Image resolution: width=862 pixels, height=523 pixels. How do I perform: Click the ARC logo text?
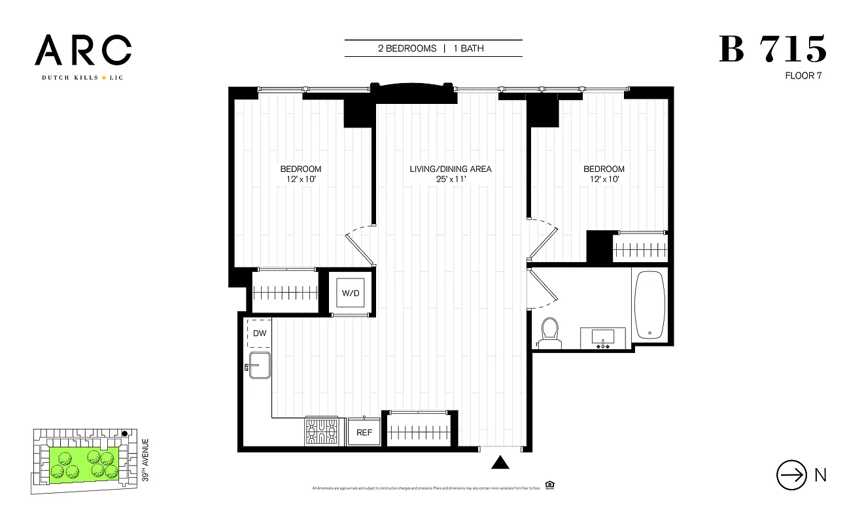pyautogui.click(x=83, y=50)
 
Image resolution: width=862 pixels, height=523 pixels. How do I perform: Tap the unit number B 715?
pyautogui.click(x=772, y=50)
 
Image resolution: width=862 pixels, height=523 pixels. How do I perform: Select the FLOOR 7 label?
pyautogui.click(x=803, y=76)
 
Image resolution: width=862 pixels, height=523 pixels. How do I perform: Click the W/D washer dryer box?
pyautogui.click(x=350, y=293)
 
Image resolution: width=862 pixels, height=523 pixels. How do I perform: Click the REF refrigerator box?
pyautogui.click(x=364, y=432)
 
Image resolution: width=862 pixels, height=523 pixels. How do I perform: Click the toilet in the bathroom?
pyautogui.click(x=549, y=332)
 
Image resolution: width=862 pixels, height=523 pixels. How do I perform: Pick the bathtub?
pyautogui.click(x=649, y=304)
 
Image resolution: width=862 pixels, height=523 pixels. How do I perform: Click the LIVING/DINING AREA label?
pyautogui.click(x=450, y=169)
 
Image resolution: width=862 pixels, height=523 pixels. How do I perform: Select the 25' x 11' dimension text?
pyautogui.click(x=450, y=179)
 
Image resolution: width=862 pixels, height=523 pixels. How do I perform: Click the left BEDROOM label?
pyautogui.click(x=301, y=169)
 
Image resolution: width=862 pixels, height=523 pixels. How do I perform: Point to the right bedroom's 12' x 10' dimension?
pyautogui.click(x=604, y=179)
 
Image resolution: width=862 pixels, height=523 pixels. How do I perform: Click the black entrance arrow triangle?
pyautogui.click(x=500, y=463)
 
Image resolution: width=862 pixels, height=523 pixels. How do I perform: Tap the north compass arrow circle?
pyautogui.click(x=791, y=475)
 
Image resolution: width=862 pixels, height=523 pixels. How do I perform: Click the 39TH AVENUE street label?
pyautogui.click(x=145, y=460)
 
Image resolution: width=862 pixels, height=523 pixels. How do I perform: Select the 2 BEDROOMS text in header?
pyautogui.click(x=407, y=48)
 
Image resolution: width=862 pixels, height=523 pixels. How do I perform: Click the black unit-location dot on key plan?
pyautogui.click(x=124, y=433)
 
